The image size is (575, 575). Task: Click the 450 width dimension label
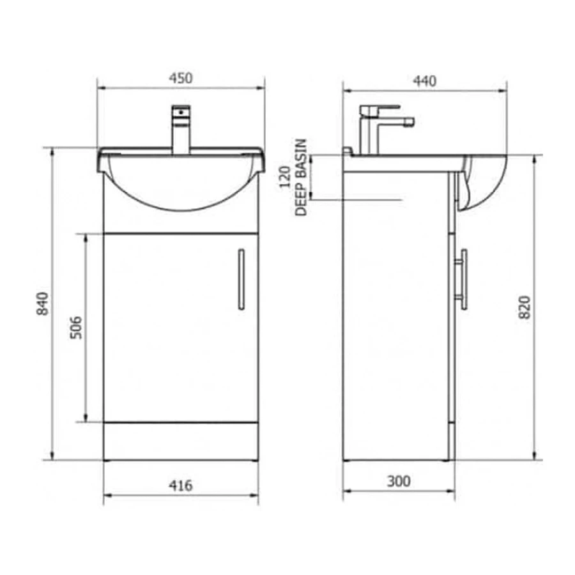pyautogui.click(x=181, y=79)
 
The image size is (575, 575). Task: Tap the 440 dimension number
pyautogui.click(x=424, y=81)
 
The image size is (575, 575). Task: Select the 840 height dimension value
pyautogui.click(x=42, y=303)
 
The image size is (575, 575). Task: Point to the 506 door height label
pyautogui.click(x=75, y=327)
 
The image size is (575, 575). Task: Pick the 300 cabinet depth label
pyautogui.click(x=399, y=481)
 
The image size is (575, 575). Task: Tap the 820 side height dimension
pyautogui.click(x=524, y=307)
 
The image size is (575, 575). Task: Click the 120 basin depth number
pyautogui.click(x=286, y=176)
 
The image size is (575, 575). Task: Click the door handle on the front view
pyautogui.click(x=241, y=279)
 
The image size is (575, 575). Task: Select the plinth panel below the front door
pyautogui.click(x=181, y=441)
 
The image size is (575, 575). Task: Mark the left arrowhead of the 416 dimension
pyautogui.click(x=107, y=494)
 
